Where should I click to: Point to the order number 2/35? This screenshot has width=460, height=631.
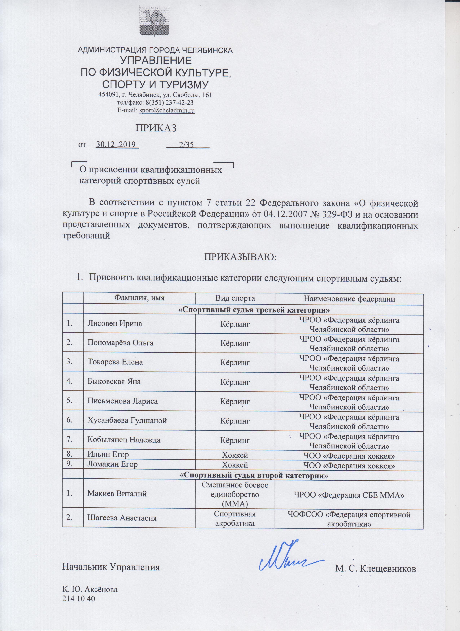187,144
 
